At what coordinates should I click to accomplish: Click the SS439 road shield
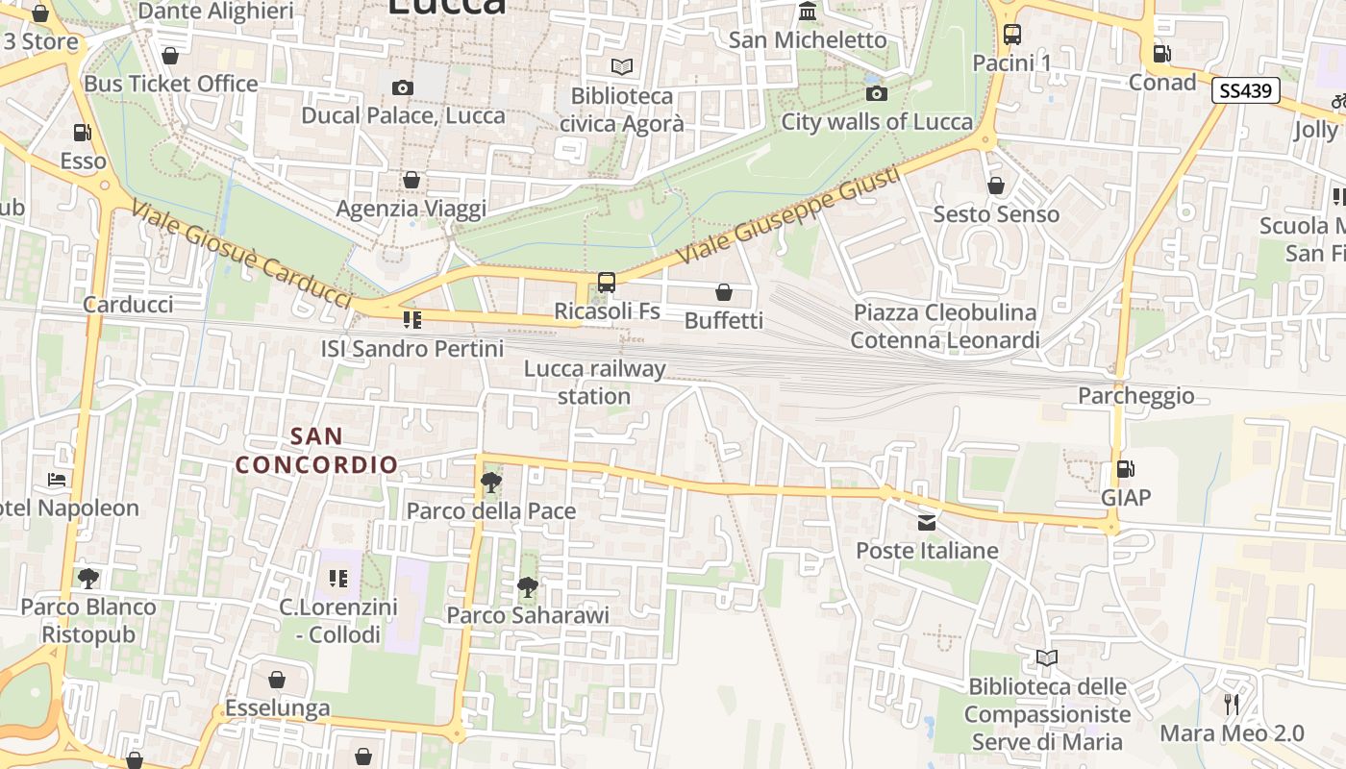[1245, 91]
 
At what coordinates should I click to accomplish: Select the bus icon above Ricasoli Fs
[606, 283]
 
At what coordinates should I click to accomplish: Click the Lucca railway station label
[594, 383]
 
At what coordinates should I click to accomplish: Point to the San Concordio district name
[317, 450]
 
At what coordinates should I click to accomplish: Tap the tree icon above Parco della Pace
[490, 482]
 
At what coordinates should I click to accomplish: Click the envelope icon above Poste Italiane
[927, 523]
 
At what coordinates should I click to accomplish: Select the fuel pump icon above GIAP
[1125, 469]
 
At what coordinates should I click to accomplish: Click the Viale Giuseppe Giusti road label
[788, 217]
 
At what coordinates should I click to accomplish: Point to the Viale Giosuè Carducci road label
[240, 255]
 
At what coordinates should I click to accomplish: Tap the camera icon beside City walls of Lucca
[876, 93]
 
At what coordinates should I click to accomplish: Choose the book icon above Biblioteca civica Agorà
[622, 67]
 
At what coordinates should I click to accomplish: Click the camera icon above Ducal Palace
[402, 88]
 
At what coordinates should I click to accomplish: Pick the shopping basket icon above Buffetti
[723, 292]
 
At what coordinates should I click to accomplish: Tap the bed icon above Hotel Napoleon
[56, 479]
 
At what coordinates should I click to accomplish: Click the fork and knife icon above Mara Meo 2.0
[1231, 705]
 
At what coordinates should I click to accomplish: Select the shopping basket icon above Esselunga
[277, 681]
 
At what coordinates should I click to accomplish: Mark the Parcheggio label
[1135, 396]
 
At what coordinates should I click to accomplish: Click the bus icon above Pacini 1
[1011, 35]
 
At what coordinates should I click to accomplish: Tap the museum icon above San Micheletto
[808, 12]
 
